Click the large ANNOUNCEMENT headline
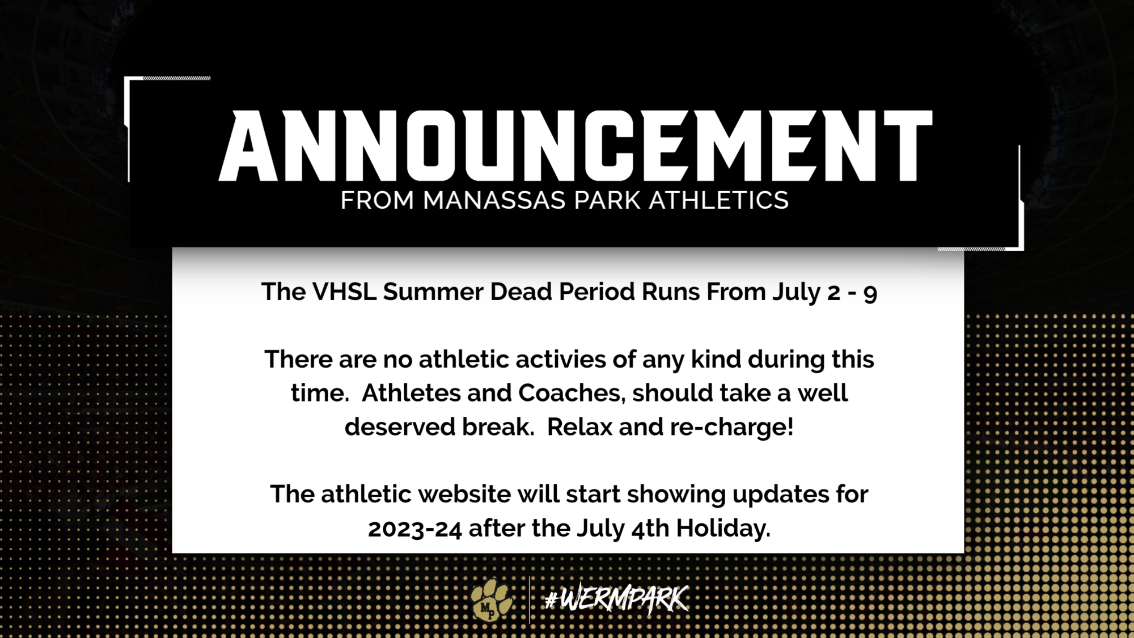click(x=575, y=146)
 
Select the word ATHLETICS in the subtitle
click(x=718, y=201)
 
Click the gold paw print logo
click(x=491, y=599)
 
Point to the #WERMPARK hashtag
click(x=616, y=599)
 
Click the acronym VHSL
click(x=344, y=292)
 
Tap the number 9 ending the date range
click(x=870, y=294)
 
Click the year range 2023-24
click(x=414, y=529)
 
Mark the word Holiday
click(x=723, y=529)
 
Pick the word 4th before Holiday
click(x=650, y=529)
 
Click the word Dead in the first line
click(x=521, y=292)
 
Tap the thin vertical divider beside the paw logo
click(x=529, y=600)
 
